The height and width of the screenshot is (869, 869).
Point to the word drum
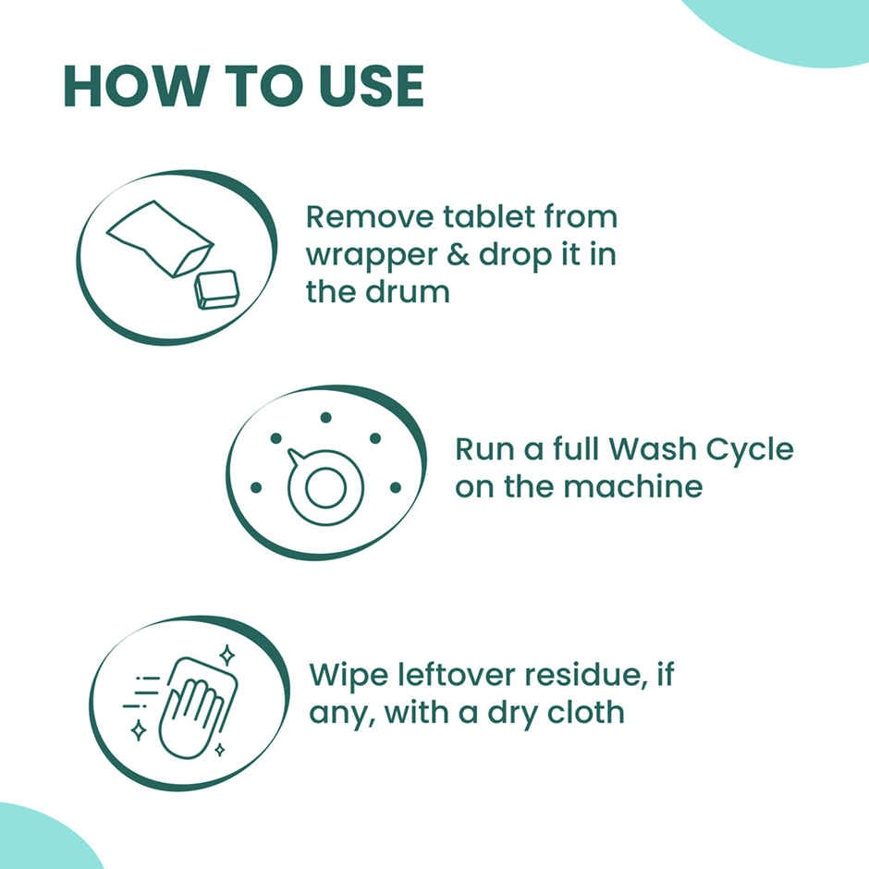tap(409, 292)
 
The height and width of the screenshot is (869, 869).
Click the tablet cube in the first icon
tap(216, 288)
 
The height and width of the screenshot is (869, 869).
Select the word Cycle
tap(748, 450)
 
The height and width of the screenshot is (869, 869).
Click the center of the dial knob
tap(324, 488)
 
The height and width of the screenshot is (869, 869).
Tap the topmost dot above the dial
tap(325, 418)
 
